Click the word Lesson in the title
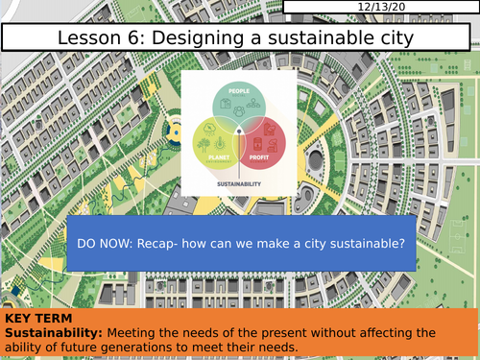pos(90,39)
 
